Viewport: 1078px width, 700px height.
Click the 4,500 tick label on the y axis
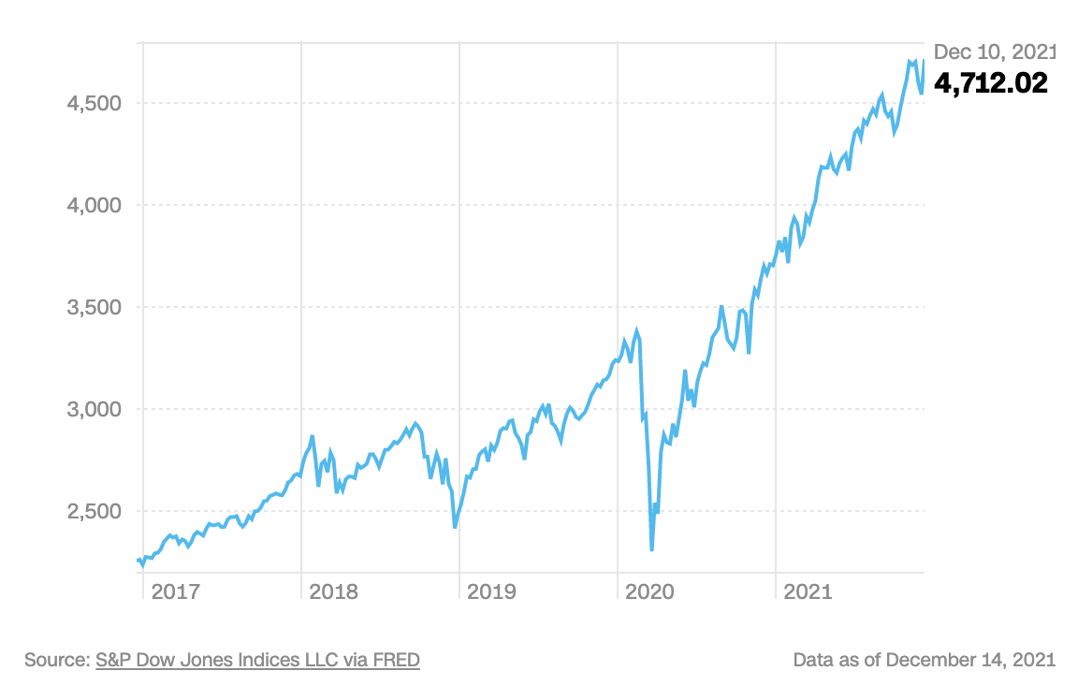click(x=95, y=103)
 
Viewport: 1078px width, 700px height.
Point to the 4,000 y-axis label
click(x=95, y=205)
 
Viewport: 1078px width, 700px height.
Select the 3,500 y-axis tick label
click(x=95, y=307)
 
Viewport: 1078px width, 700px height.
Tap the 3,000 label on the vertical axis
click(x=95, y=409)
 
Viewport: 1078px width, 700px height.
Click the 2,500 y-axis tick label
click(x=95, y=511)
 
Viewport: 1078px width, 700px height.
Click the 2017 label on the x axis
click(x=175, y=591)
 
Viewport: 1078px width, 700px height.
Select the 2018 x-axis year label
click(x=333, y=591)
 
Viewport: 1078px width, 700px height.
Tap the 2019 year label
click(x=491, y=591)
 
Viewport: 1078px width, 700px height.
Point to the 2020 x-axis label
click(x=649, y=591)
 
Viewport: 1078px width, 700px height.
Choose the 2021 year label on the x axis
click(x=808, y=591)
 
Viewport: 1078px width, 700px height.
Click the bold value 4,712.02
click(x=991, y=83)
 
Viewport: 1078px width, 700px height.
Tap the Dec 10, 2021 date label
click(x=994, y=51)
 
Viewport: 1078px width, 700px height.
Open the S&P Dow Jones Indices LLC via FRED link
click(x=257, y=660)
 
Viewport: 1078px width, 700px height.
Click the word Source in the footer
click(x=55, y=660)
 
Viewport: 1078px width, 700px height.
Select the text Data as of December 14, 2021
click(x=924, y=660)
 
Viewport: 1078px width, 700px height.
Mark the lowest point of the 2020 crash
click(x=651, y=550)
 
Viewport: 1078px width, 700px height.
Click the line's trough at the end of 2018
click(x=455, y=527)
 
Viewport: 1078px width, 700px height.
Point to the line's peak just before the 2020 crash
click(x=637, y=330)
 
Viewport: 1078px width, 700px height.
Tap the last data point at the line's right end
click(x=924, y=61)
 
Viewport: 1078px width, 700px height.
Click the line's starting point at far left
click(x=138, y=561)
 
